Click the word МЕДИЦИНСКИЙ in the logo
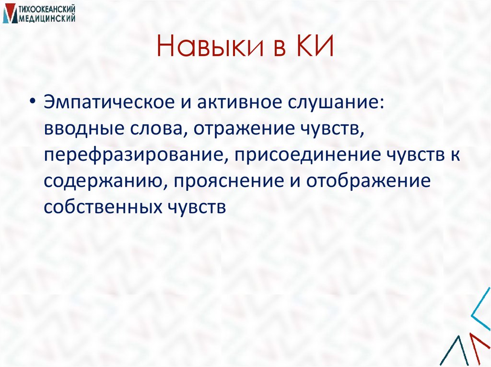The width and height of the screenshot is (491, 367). coord(46,18)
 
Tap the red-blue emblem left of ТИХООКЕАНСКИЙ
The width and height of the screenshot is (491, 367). coord(8,14)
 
